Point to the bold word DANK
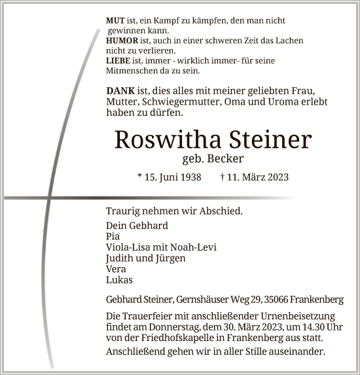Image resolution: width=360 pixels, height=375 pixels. pyautogui.click(x=118, y=90)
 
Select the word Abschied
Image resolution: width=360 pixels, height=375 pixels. pyautogui.click(x=220, y=211)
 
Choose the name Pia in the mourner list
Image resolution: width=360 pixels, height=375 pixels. pyautogui.click(x=112, y=236)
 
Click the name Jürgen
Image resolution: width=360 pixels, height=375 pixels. pyautogui.click(x=170, y=258)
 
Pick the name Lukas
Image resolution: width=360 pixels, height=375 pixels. pyautogui.click(x=118, y=279)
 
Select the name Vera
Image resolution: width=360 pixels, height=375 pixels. pyautogui.click(x=115, y=269)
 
